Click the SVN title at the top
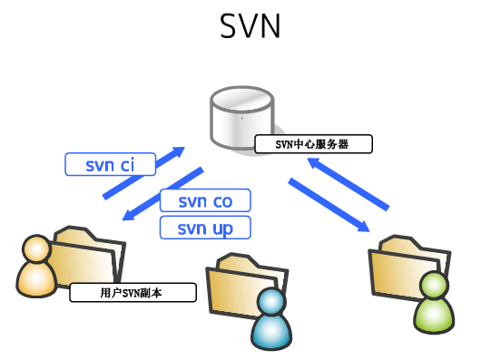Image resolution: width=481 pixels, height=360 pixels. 250,27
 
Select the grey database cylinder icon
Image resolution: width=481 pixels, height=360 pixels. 240,117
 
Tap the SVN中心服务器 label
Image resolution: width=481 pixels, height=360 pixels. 312,143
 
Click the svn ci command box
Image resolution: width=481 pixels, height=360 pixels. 110,164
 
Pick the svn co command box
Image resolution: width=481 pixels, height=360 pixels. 204,200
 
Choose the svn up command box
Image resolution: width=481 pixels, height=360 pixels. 204,227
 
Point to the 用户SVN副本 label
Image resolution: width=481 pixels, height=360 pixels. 133,293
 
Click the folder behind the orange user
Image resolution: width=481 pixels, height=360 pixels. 89,257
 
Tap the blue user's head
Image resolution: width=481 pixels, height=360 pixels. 268,303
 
